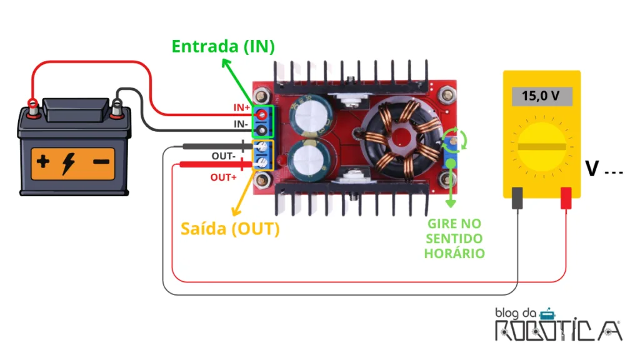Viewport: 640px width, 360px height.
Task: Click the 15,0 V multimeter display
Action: pos(542,96)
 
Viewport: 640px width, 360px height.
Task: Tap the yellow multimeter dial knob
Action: pos(542,146)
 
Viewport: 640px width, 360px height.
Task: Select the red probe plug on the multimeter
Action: pos(566,198)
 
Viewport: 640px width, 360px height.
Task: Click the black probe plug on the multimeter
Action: pos(517,198)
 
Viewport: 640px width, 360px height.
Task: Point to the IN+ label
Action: pos(241,107)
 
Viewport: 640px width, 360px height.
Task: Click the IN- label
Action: pos(241,124)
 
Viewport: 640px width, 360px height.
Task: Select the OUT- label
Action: pos(223,156)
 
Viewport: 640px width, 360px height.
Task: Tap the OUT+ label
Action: pos(223,177)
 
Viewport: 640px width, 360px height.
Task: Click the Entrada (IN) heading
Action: pos(223,46)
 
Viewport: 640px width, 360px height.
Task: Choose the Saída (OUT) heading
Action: pos(230,229)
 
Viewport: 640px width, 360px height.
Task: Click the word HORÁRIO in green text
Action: pos(454,254)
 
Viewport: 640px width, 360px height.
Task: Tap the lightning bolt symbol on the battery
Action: pos(68,164)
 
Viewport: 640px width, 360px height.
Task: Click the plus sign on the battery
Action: pos(43,162)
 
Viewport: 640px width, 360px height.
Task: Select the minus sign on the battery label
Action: pos(101,162)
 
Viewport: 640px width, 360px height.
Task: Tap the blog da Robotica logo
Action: pos(558,325)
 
